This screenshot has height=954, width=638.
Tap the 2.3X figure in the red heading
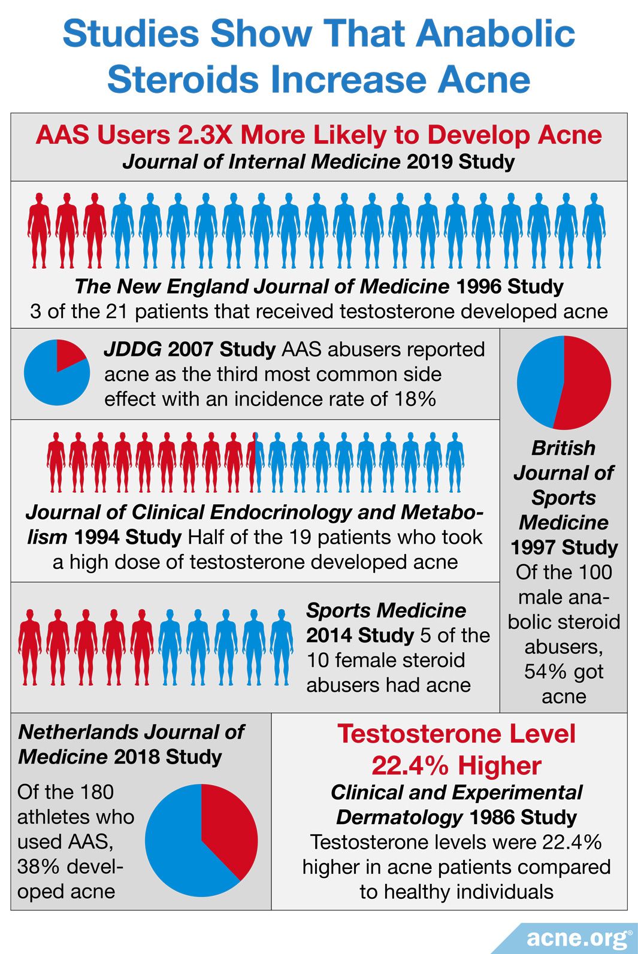[205, 135]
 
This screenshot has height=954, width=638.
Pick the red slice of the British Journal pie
[584, 383]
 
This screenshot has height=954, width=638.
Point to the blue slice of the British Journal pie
[538, 380]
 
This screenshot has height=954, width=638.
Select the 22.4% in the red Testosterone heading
[409, 765]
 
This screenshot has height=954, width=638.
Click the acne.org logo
[578, 938]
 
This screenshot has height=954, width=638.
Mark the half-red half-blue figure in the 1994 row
[255, 462]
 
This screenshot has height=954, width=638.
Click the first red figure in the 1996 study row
[39, 230]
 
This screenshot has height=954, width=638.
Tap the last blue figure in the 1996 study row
[594, 230]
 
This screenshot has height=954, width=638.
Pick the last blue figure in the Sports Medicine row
[282, 647]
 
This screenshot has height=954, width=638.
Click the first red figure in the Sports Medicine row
[30, 647]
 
